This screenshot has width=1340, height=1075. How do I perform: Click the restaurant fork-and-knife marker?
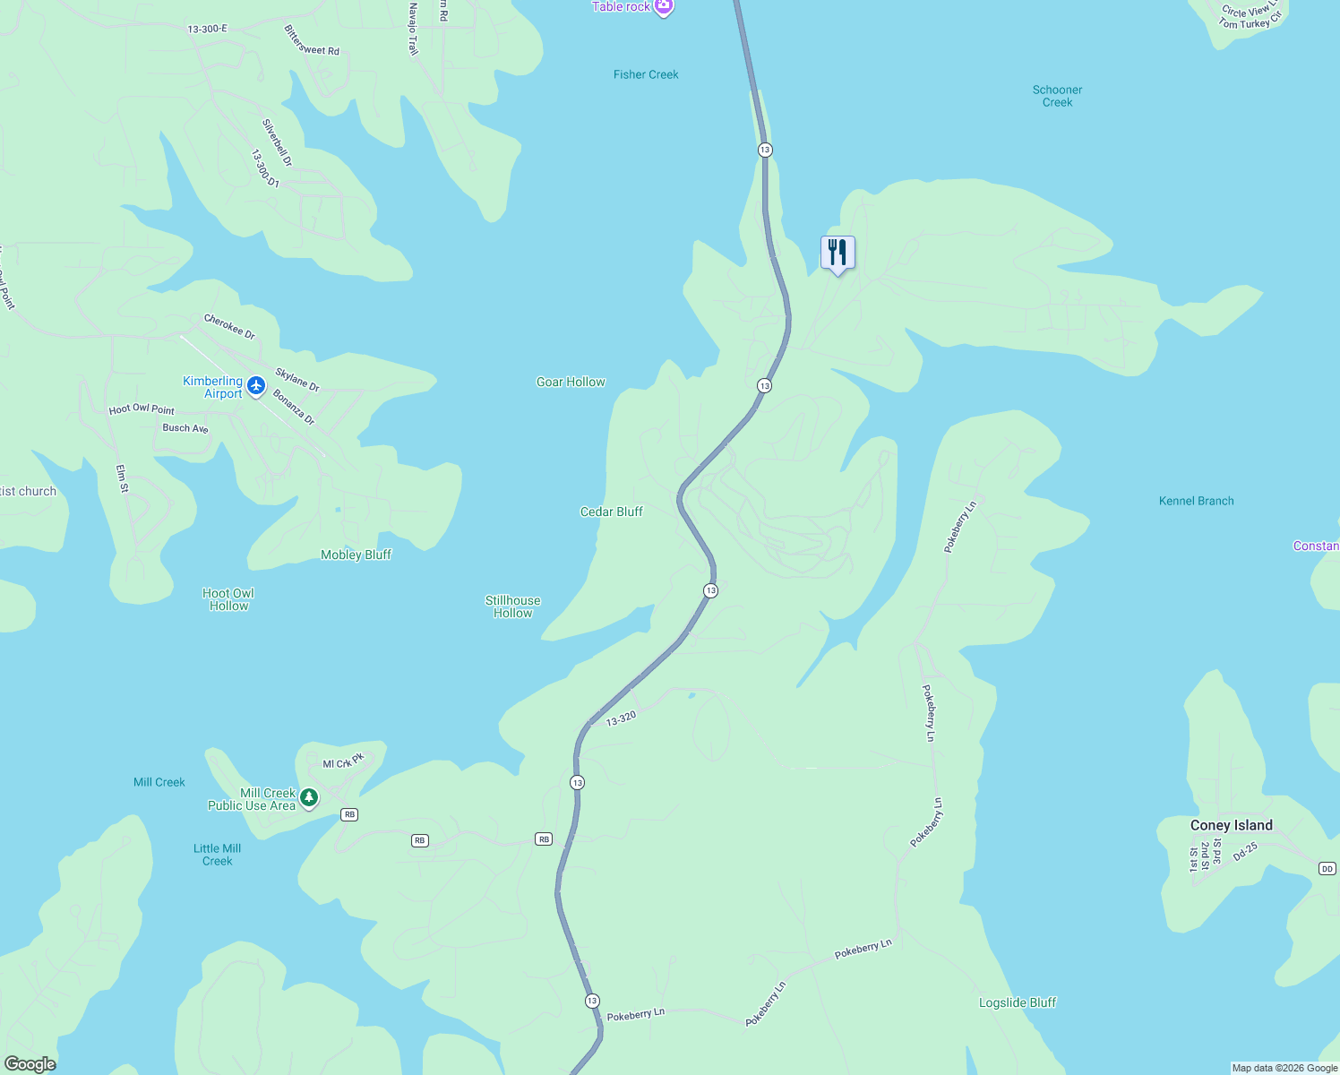point(837,253)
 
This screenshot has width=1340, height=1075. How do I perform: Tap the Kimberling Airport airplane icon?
point(256,386)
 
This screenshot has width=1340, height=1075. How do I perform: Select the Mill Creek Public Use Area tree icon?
point(309,797)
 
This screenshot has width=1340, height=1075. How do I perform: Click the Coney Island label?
point(1231,825)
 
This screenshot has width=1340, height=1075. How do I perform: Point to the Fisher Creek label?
point(646,74)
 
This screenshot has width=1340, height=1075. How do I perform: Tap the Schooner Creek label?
point(1057,96)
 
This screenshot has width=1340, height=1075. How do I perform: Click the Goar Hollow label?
point(571,382)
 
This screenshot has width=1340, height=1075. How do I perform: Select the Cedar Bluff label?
point(612,512)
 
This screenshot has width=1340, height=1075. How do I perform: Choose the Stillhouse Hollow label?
point(512,606)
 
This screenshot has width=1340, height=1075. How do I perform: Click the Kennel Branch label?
point(1196,501)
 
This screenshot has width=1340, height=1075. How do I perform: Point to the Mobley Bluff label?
point(356,555)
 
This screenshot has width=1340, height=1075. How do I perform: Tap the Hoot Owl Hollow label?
point(228,599)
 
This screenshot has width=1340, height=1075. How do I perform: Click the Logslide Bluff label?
point(1018,1002)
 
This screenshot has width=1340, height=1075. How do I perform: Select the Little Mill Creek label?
point(218,855)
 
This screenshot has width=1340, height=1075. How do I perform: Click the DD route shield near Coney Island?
point(1327,868)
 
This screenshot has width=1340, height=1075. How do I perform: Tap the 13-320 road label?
point(621,718)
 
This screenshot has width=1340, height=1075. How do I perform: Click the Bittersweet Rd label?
point(312,41)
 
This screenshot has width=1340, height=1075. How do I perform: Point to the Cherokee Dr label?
point(229,326)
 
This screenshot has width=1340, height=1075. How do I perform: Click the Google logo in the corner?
point(30,1063)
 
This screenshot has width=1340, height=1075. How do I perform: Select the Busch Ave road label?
point(185,428)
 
